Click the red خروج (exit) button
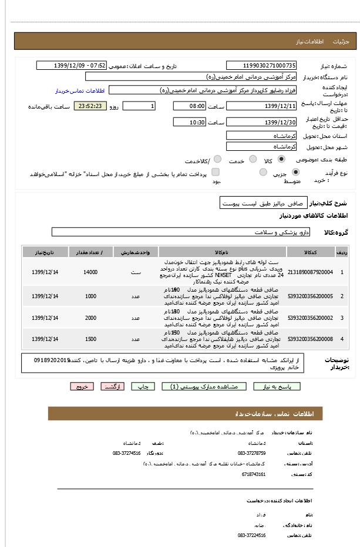pyautogui.click(x=82, y=386)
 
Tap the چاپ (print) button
pyautogui.click(x=143, y=386)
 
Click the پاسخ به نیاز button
pyautogui.click(x=277, y=386)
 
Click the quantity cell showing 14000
pyautogui.click(x=90, y=272)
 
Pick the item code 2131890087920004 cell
pyautogui.click(x=310, y=272)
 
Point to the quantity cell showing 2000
pyautogui.click(x=90, y=318)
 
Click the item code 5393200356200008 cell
pyautogui.click(x=310, y=339)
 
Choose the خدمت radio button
pyautogui.click(x=253, y=159)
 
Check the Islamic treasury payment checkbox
pyautogui.click(x=216, y=172)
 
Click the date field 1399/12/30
pyautogui.click(x=261, y=122)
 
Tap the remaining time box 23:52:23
pyautogui.click(x=89, y=106)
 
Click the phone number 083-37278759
pyautogui.click(x=251, y=453)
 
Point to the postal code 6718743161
pyautogui.click(x=254, y=474)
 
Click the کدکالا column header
pyautogui.click(x=310, y=252)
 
